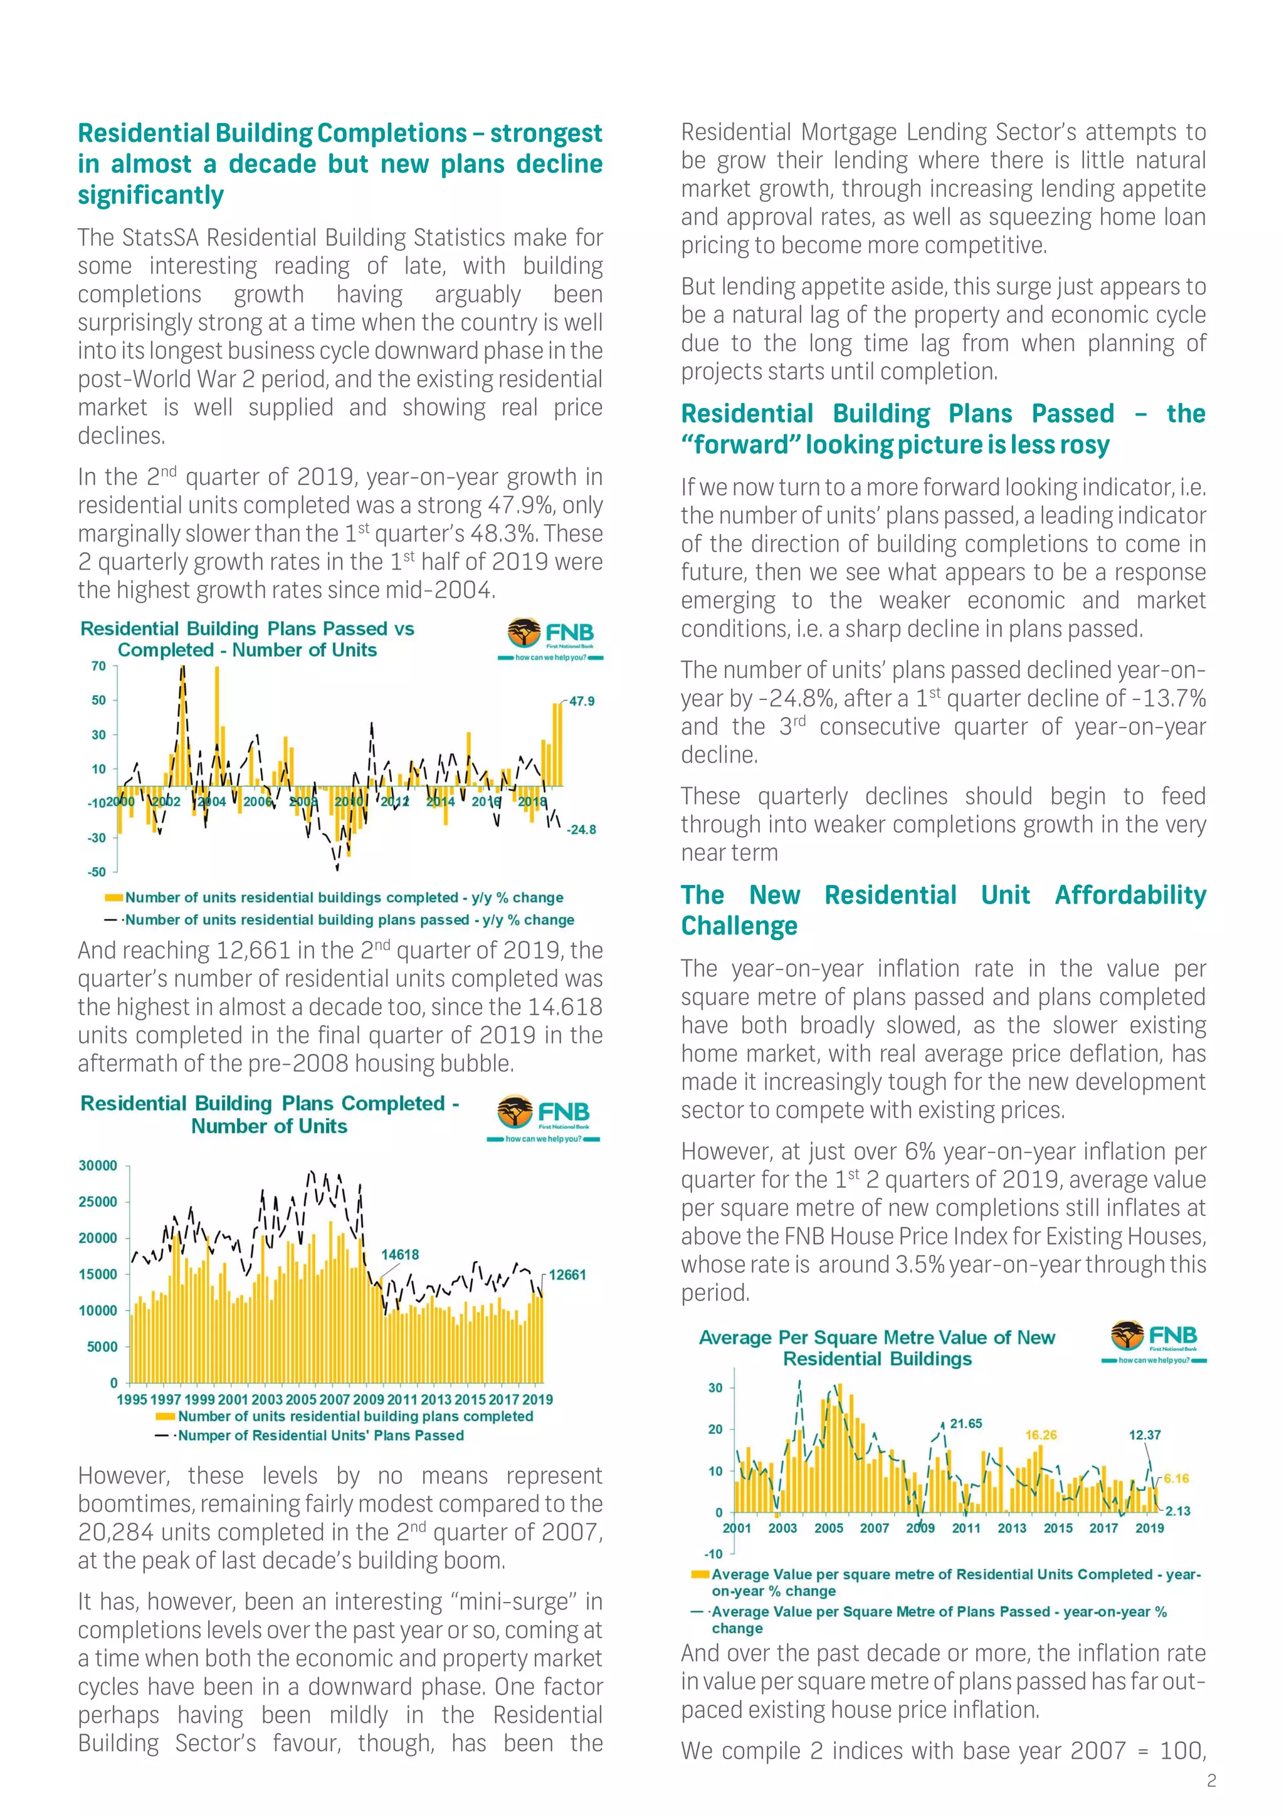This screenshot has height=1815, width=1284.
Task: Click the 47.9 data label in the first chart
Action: point(582,701)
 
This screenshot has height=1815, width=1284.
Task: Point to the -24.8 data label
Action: point(581,829)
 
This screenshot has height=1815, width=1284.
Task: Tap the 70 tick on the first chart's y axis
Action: point(99,666)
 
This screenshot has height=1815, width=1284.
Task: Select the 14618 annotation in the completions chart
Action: point(400,1255)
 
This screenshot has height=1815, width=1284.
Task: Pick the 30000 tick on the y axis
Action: point(98,1166)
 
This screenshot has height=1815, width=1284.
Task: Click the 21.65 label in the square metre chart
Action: point(966,1424)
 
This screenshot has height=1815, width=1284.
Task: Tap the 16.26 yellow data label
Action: point(1041,1435)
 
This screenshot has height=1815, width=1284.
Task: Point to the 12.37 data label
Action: point(1144,1435)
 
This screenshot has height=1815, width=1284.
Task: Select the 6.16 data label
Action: point(1176,1478)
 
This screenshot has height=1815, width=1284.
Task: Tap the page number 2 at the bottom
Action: point(1211,1781)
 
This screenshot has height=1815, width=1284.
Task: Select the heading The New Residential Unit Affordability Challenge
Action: point(943,910)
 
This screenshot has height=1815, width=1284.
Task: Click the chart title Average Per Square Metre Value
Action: point(877,1348)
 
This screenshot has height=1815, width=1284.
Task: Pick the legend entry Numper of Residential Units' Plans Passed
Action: point(320,1436)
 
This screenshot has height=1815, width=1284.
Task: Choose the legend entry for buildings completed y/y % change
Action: point(344,897)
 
